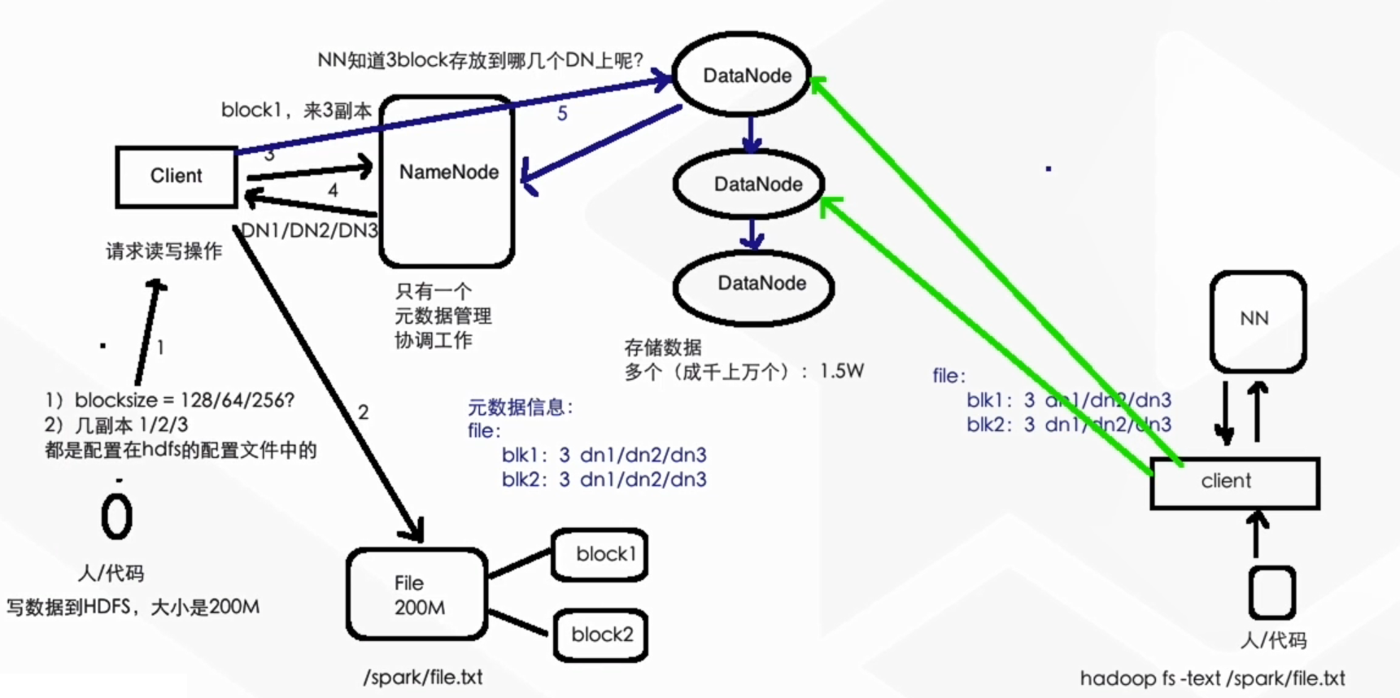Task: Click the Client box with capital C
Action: coord(177,177)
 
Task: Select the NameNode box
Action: coord(447,181)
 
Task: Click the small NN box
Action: coord(1257,320)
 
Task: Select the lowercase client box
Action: coord(1234,482)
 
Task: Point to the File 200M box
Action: coord(417,595)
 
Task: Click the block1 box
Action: coord(600,555)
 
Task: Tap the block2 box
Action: coord(600,635)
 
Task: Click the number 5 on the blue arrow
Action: coord(562,114)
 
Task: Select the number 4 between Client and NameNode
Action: coord(333,190)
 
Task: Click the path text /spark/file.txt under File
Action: coord(423,677)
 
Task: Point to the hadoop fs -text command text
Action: coord(1212,678)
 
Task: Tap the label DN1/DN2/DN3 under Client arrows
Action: coord(310,231)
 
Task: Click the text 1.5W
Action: coord(841,372)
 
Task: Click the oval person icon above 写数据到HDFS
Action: coord(116,517)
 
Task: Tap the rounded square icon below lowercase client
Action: coord(1271,593)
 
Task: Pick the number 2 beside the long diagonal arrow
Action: coord(363,412)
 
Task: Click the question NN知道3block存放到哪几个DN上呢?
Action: coord(480,60)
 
